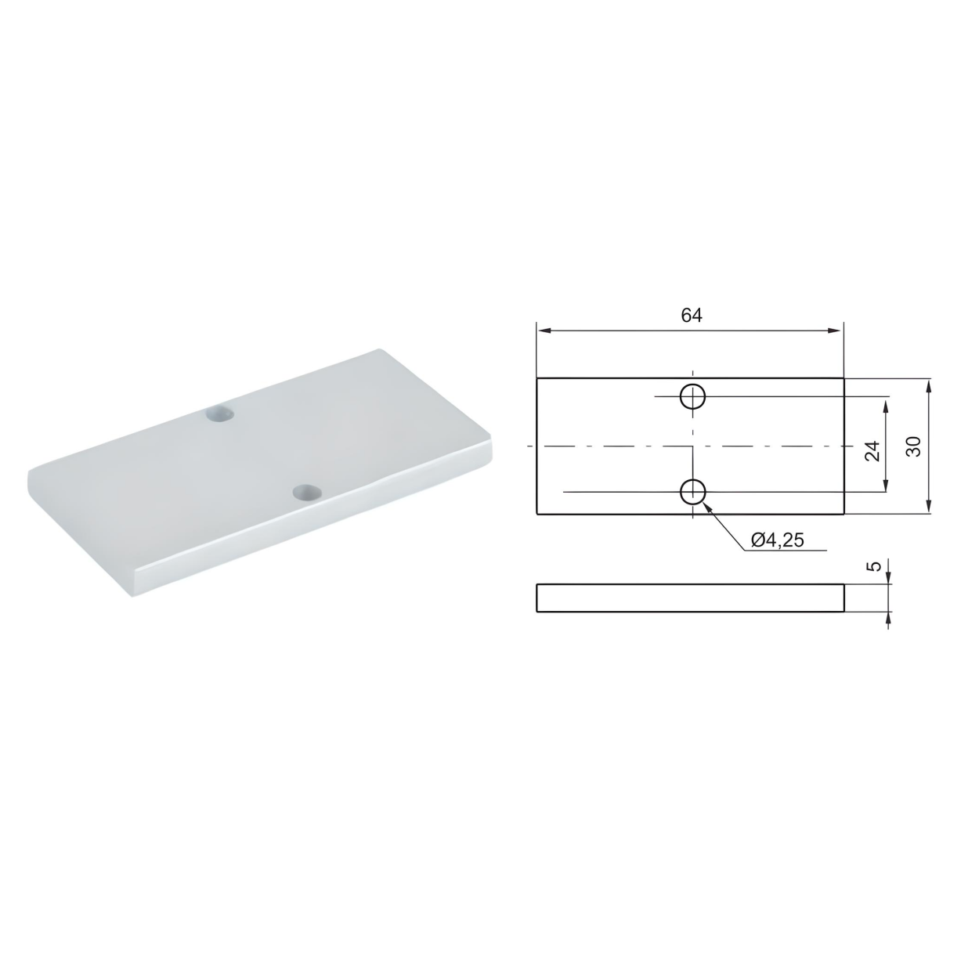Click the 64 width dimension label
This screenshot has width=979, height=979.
coord(691,316)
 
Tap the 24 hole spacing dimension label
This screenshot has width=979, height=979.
coord(872,450)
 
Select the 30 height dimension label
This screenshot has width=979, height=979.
coord(914,446)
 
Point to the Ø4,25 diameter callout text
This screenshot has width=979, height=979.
coord(777,540)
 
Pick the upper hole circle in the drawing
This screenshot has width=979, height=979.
coord(693,397)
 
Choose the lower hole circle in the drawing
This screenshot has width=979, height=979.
coord(693,492)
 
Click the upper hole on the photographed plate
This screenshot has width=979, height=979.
coord(221,414)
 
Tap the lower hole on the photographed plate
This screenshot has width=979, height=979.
coord(307,493)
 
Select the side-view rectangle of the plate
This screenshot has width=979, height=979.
coord(690,598)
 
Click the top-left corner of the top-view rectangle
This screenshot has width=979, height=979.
coord(537,378)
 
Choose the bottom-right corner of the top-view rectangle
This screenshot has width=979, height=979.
coord(844,515)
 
